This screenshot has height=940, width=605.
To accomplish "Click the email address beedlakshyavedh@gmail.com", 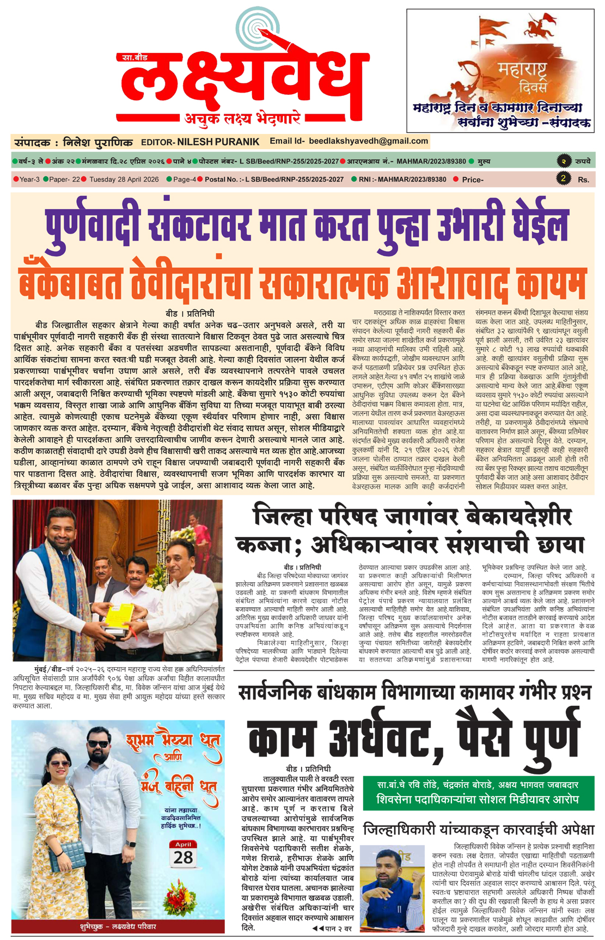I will click(x=368, y=141).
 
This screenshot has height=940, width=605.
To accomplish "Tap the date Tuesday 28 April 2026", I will click(x=124, y=179).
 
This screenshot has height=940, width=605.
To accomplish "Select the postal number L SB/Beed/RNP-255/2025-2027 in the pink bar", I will click(x=273, y=179).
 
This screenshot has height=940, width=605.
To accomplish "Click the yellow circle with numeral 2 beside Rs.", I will click(x=564, y=178).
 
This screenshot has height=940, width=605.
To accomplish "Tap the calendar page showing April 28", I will click(x=183, y=854).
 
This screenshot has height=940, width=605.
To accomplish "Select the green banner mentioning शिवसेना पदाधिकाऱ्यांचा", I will click(x=478, y=792).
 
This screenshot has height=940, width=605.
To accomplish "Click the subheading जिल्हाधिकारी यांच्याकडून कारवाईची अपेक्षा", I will click(x=478, y=829).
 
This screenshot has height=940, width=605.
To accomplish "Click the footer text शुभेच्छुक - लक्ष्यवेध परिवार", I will click(x=118, y=926).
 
